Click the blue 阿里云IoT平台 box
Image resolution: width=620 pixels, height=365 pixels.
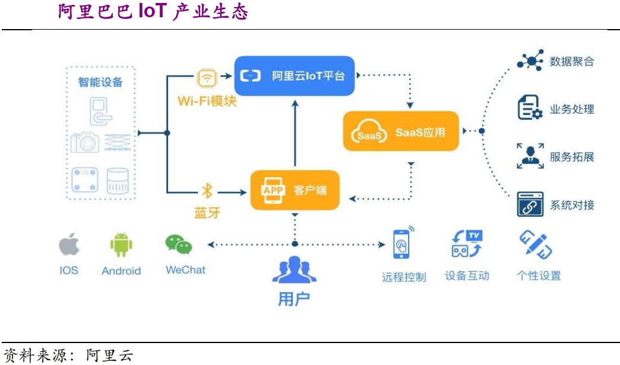click(295, 75)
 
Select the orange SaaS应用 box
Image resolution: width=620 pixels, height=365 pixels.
click(401, 131)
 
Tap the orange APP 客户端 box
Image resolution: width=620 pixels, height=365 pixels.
click(295, 190)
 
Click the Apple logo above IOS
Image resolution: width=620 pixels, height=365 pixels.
click(69, 244)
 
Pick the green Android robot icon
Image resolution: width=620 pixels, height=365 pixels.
click(121, 244)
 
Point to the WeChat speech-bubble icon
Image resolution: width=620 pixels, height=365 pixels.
click(179, 244)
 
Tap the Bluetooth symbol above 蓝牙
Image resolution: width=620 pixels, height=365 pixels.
click(207, 191)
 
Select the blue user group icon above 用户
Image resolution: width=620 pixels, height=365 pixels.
click(294, 269)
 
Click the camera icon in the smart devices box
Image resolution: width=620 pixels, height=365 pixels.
click(85, 142)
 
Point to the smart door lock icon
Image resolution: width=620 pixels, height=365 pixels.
click(100, 110)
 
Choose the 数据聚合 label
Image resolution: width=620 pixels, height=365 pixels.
click(571, 61)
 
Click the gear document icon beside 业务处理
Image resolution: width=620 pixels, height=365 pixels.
click(530, 109)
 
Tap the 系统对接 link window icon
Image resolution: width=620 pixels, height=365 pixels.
click(530, 204)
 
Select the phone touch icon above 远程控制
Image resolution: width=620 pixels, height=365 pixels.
click(403, 243)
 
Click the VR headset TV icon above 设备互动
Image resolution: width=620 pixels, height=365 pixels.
click(467, 243)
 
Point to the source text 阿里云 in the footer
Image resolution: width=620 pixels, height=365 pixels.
click(110, 356)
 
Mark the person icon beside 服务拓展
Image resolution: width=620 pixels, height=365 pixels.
click(530, 156)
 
